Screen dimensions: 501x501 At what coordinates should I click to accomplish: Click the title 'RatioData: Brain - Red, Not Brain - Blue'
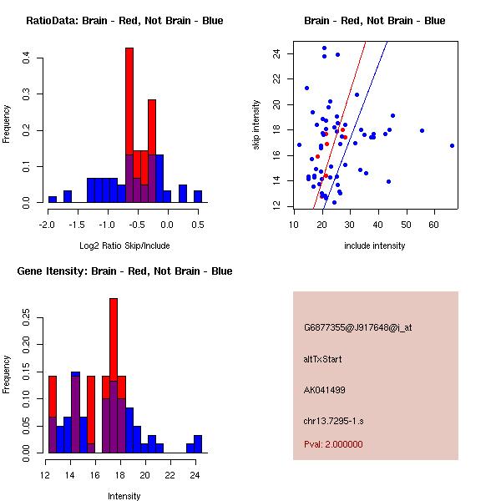click(x=124, y=21)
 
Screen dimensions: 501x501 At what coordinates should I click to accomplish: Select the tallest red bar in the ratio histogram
click(x=129, y=100)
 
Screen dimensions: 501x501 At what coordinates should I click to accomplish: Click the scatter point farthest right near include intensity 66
click(x=452, y=145)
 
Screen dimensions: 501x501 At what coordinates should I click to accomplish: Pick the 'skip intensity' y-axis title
click(x=258, y=125)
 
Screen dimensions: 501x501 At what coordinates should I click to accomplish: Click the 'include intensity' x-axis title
click(x=375, y=245)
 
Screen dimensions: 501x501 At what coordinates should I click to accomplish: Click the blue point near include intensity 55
click(x=422, y=130)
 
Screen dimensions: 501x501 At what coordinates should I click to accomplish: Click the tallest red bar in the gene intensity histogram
click(x=114, y=334)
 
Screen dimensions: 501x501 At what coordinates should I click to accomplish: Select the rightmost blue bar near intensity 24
click(x=198, y=443)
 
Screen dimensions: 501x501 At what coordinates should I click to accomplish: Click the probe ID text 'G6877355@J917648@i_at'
click(x=357, y=327)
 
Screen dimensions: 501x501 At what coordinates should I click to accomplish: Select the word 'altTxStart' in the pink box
click(x=323, y=359)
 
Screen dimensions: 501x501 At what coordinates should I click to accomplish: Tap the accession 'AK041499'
click(x=325, y=390)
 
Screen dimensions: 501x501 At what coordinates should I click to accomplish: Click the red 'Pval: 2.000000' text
click(x=333, y=444)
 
